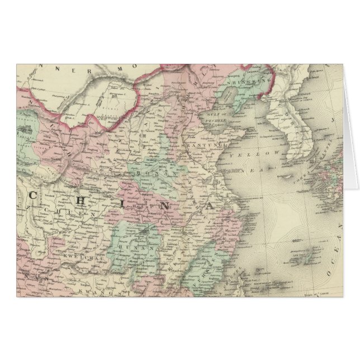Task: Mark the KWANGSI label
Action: (x=100, y=292)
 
